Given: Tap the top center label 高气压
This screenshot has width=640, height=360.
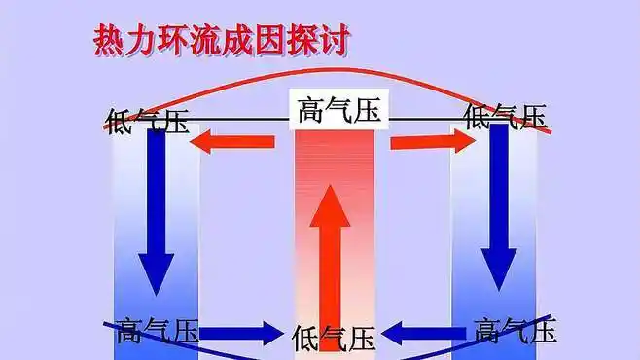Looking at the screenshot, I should pos(338,112).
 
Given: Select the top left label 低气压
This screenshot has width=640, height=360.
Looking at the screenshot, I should pos(148,120).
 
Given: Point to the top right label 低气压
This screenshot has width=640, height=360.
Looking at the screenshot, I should pos(505,118).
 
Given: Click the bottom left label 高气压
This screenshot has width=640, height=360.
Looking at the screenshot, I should pos(157,332).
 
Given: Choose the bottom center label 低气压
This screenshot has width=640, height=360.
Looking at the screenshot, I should pos(334,338).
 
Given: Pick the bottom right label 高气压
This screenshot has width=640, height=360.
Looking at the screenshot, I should pos(516,331).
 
